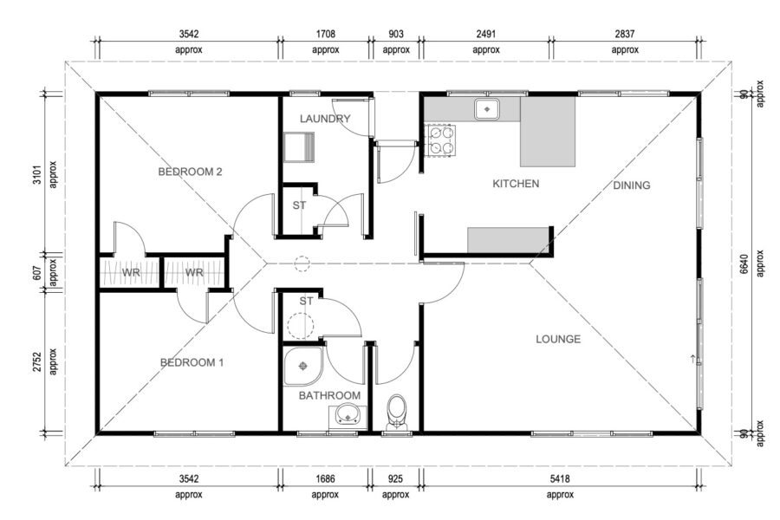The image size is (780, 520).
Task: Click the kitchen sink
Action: pos(487,109)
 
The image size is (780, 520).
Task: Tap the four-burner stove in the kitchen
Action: pos(441,140)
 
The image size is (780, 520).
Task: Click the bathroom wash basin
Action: pos(348,414)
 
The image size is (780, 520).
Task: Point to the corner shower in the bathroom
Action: pos(303,367)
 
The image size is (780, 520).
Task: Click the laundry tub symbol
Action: pos(299,146)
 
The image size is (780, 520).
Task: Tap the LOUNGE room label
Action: pos(558,340)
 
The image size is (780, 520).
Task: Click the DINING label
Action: pos(631,185)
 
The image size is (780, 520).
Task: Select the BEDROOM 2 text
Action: pos(190,172)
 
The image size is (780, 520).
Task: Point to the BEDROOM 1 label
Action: pos(192,362)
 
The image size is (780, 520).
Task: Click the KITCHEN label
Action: pos(516,184)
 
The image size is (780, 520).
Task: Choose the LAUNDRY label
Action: pos(325,119)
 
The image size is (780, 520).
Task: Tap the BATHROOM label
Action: pos(329,395)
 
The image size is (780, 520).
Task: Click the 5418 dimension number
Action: pos(560,478)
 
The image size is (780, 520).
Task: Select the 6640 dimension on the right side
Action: pos(744,264)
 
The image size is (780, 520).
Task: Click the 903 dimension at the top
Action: pos(396,34)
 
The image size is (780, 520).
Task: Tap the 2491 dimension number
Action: pos(486,34)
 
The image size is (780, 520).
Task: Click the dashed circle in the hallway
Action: pos(302,263)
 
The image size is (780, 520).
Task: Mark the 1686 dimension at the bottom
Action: pos(325,478)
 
